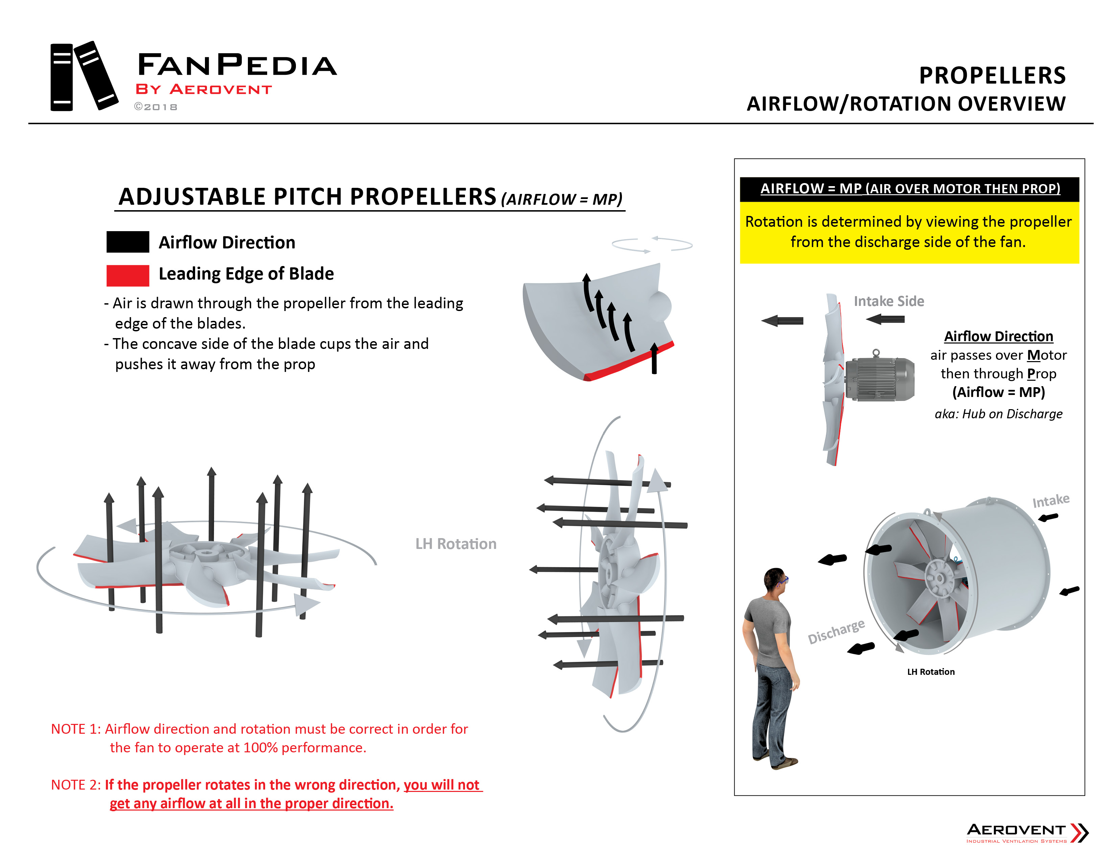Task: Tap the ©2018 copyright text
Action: coord(156,107)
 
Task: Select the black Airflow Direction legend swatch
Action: coord(128,242)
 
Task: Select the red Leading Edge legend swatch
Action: coord(128,275)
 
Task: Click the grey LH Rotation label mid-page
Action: coord(455,544)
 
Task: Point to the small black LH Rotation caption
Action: coord(931,672)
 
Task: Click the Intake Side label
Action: coord(889,301)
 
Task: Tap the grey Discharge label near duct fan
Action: coord(836,632)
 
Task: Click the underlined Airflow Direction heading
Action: coord(998,336)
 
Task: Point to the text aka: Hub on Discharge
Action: coord(998,414)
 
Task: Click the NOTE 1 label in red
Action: coord(76,729)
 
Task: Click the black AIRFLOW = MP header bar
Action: coord(910,189)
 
